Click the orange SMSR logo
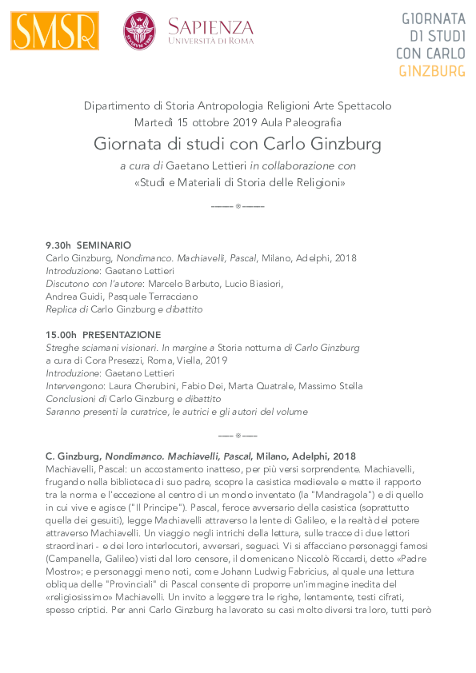tap(55, 31)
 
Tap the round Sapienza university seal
tap(139, 31)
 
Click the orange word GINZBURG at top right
tap(432, 71)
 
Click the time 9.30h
tap(58, 245)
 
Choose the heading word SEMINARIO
tap(104, 245)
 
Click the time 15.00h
tap(62, 335)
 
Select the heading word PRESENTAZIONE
tap(122, 335)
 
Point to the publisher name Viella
tap(186, 360)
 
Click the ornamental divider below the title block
tap(238, 206)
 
